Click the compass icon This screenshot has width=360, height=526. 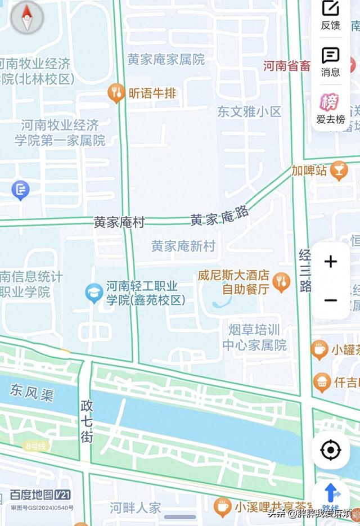click(27, 17)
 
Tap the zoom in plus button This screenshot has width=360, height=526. click(331, 262)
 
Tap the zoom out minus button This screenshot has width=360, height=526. click(331, 300)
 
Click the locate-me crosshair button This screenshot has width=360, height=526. click(331, 450)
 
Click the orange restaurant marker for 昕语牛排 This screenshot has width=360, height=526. click(116, 93)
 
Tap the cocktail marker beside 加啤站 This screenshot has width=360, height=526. click(339, 170)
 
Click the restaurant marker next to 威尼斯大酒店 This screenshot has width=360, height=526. click(281, 283)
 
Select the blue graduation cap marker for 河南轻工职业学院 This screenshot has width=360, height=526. click(94, 293)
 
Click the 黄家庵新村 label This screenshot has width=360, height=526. click(183, 246)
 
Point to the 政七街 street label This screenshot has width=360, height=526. click(87, 420)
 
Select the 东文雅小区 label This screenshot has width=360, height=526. click(249, 111)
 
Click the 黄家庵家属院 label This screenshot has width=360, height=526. click(166, 60)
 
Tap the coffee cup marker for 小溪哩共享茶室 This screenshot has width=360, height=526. click(222, 507)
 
